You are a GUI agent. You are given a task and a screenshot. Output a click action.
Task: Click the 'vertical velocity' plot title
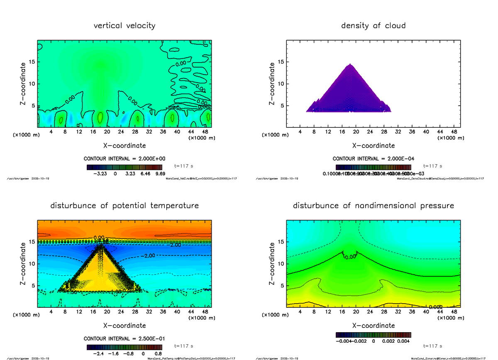[124, 26]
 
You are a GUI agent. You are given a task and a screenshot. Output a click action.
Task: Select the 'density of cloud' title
[373, 26]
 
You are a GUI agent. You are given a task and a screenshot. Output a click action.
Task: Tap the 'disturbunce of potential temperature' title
[124, 206]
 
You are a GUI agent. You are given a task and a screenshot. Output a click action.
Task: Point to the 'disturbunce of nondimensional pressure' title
[373, 206]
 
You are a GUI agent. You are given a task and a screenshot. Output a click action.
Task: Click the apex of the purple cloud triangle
[350, 64]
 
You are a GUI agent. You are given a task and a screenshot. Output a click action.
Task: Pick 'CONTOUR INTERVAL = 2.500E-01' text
[124, 338]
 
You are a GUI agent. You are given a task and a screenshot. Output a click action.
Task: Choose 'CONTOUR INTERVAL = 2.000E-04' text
[373, 158]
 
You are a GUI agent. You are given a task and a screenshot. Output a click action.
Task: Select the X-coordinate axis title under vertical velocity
[124, 146]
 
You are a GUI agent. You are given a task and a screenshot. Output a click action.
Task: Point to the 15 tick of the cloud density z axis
[281, 62]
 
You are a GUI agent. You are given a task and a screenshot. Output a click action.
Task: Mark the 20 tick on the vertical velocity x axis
[107, 132]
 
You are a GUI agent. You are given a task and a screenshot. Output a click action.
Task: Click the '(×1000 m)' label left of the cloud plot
[275, 135]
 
